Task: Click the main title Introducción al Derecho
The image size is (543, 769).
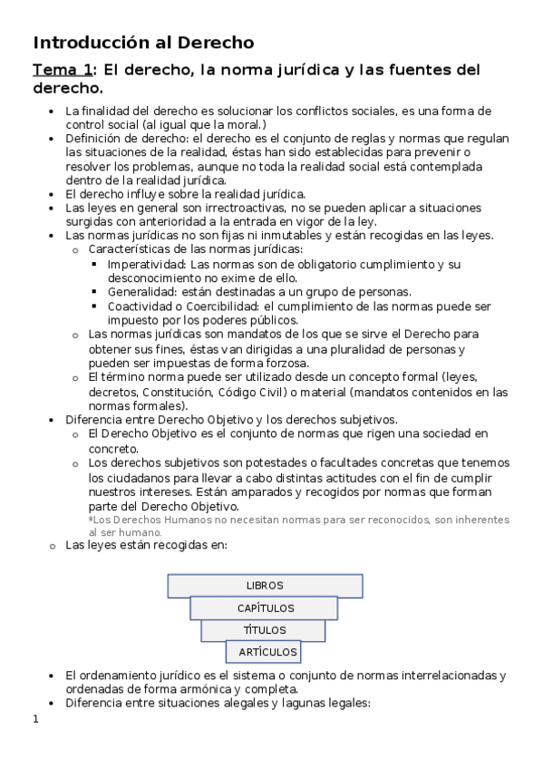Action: pos(143,42)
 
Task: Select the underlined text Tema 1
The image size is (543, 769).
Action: pos(63,70)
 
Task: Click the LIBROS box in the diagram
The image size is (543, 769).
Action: pos(265,586)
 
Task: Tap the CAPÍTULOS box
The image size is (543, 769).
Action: pos(265,608)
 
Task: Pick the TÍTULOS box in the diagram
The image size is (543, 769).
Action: pos(265,630)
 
